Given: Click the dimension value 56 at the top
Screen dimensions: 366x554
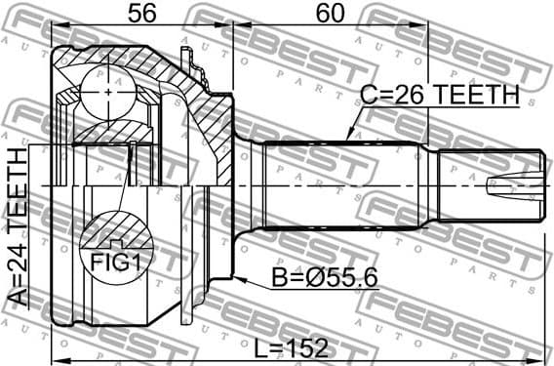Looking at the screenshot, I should (141, 14).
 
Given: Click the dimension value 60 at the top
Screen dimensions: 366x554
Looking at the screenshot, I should (331, 14).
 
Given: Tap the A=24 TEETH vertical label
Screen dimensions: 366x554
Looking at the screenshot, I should (18, 226).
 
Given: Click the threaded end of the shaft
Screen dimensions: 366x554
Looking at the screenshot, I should (488, 185).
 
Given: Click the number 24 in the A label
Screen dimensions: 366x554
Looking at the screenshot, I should (18, 265).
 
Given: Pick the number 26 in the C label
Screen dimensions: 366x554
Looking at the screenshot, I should (409, 95).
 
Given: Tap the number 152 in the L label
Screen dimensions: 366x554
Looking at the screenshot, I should (306, 346).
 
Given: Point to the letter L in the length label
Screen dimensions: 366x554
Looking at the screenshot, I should (257, 346).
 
